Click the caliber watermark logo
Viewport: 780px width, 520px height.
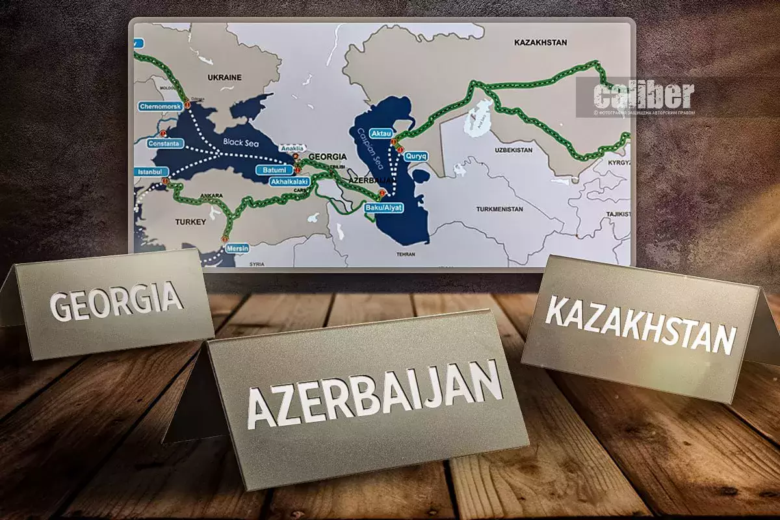click(x=643, y=96)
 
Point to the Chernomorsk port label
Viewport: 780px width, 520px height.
click(x=159, y=105)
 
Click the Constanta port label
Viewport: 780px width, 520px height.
click(x=163, y=143)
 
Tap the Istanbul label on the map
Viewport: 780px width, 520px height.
click(x=149, y=172)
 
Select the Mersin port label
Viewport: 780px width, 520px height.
click(x=238, y=248)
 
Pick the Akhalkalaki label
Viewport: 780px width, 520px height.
click(x=289, y=182)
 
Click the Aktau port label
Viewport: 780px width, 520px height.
click(x=381, y=133)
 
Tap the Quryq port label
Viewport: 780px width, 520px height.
click(x=414, y=156)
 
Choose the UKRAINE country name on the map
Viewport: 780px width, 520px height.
click(x=224, y=77)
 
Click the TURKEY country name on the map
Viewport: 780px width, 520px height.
click(x=190, y=222)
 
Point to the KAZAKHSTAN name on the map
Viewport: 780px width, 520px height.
click(x=540, y=42)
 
